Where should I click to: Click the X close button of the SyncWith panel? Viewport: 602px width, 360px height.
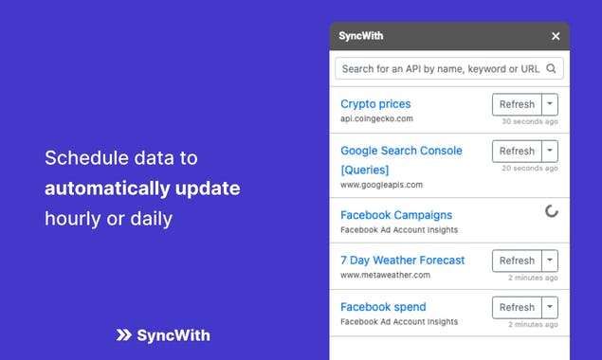tap(556, 36)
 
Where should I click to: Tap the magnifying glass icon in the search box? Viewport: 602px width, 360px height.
tap(551, 69)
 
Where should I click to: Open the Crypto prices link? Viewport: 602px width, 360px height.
tap(375, 103)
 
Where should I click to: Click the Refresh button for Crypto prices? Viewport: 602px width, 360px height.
tap(517, 104)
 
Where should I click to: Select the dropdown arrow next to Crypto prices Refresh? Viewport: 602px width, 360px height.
tap(550, 104)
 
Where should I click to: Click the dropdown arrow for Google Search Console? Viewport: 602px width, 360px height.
tap(550, 151)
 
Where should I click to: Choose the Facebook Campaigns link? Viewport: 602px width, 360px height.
tap(396, 215)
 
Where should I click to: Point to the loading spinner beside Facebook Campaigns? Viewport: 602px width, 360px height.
tap(551, 211)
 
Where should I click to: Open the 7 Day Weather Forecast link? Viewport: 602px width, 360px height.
tap(402, 260)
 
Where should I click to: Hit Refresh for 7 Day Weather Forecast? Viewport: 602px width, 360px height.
tap(517, 261)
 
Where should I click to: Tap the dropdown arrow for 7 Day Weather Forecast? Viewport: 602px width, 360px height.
tap(550, 261)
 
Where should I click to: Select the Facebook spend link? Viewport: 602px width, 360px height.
tap(383, 307)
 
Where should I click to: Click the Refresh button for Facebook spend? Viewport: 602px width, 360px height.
tap(517, 307)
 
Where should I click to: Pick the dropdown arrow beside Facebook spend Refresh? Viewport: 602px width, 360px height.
tap(550, 307)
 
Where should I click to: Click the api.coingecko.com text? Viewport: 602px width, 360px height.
tap(376, 119)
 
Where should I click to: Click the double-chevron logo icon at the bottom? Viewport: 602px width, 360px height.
tap(123, 335)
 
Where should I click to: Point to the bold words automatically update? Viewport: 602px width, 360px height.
tap(142, 189)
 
